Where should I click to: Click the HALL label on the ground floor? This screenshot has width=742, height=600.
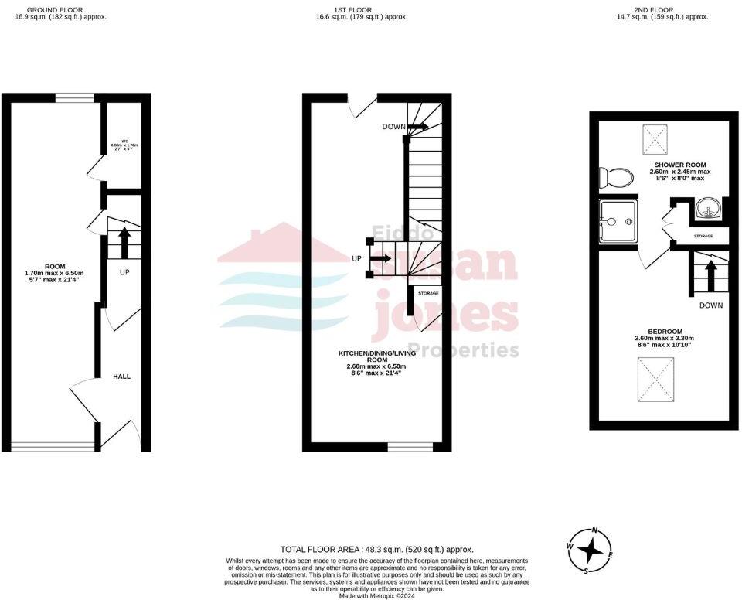122,377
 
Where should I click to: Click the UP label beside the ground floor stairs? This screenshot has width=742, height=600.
124,273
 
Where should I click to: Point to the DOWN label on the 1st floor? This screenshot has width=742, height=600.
394,126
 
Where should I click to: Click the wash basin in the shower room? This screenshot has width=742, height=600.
708,207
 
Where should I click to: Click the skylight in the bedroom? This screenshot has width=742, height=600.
656,381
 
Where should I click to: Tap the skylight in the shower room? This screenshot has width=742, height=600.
657,140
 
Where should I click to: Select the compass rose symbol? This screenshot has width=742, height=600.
591,550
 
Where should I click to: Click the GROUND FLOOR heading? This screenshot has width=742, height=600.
60,10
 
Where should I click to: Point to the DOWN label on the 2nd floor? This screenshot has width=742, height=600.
710,305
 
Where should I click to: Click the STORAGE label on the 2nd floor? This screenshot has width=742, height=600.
703,236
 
